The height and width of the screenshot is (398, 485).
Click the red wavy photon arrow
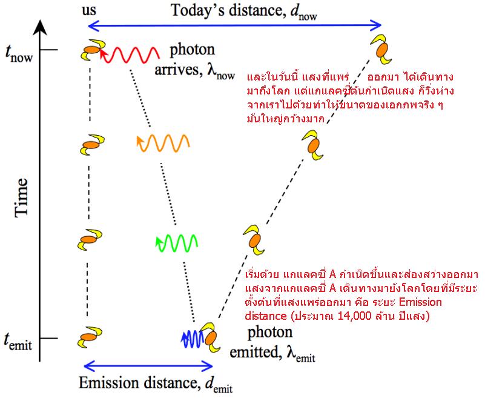(130, 56)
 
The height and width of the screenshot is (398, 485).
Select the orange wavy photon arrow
(163, 143)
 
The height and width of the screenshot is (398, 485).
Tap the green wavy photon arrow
(176, 242)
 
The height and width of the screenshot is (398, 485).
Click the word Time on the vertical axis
(22, 197)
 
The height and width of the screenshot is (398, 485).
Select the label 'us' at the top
(89, 12)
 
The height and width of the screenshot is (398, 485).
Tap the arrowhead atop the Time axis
(40, 26)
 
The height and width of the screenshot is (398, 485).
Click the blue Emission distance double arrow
(148, 366)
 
